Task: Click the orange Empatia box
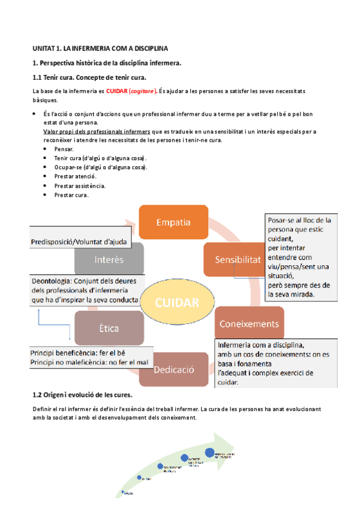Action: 173,222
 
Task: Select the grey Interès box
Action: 109,259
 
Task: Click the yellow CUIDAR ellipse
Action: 177,303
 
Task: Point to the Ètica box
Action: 109,328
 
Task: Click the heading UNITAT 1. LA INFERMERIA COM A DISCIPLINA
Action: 100,47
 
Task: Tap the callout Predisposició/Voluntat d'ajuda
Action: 80,242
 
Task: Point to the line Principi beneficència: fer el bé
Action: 78,352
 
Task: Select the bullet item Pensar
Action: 64,148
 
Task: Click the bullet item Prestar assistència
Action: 79,185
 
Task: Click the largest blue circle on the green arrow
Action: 210,453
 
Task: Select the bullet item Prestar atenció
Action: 75,176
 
